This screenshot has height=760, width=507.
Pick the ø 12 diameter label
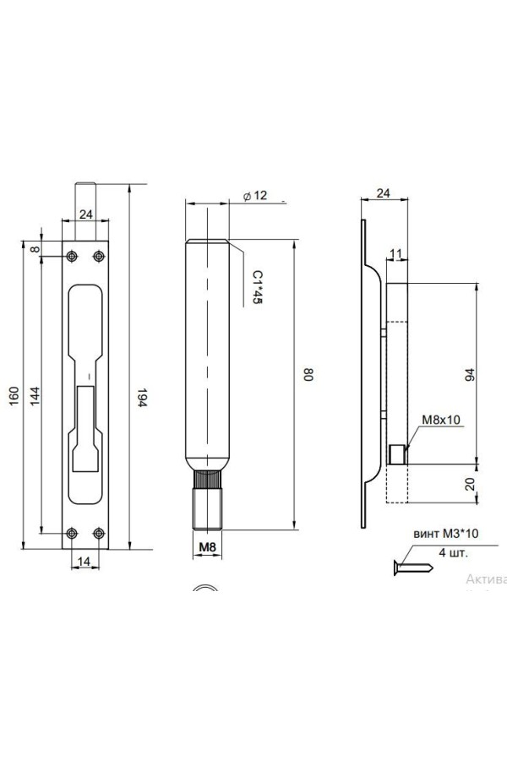click(253, 196)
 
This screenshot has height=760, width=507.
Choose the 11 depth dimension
click(395, 253)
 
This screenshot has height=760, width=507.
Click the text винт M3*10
click(444, 535)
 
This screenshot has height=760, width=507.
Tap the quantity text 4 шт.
click(452, 553)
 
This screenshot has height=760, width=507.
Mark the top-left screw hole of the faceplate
click(73, 255)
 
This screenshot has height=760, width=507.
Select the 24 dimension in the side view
click(383, 193)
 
